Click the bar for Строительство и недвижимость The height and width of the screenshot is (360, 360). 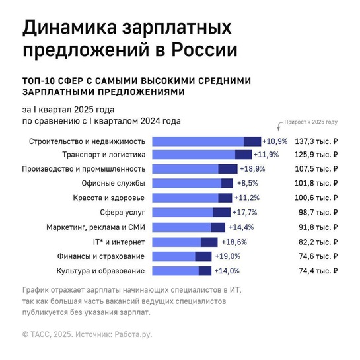pos(206,141)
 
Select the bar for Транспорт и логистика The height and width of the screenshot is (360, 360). pos(201,155)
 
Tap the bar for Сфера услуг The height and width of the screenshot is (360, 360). pos(191,212)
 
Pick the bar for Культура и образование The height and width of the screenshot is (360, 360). pos(182,270)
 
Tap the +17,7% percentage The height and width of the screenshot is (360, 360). pos(244,212)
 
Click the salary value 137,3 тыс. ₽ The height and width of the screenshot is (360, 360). pos(316,141)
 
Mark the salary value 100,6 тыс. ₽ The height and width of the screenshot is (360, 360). pos(316,198)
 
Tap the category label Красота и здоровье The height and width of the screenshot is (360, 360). pos(108,198)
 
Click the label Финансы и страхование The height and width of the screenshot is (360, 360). pos(102,256)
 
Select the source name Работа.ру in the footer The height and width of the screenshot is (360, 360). pos(133,334)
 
